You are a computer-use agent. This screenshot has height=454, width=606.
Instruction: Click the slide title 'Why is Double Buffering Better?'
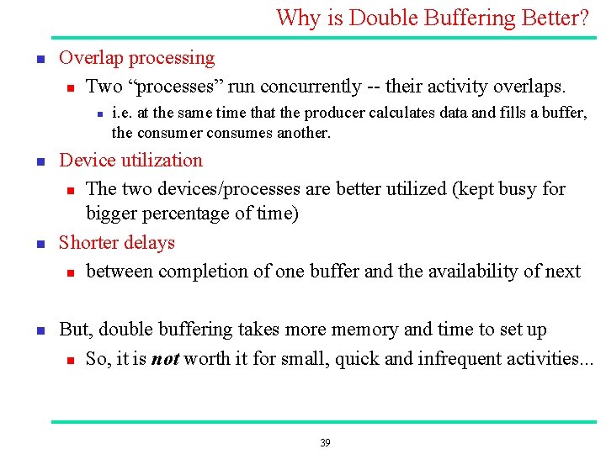click(x=432, y=18)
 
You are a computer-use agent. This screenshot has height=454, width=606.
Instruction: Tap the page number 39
click(x=326, y=443)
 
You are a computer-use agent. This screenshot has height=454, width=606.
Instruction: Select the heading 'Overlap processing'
click(x=136, y=58)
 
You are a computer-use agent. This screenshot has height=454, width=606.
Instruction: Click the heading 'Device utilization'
click(x=130, y=161)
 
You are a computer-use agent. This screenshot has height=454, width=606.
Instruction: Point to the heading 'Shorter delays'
click(x=116, y=243)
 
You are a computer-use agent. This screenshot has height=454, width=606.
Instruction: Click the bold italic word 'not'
click(x=165, y=360)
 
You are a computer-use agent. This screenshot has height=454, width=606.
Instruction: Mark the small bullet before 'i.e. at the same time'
click(x=98, y=113)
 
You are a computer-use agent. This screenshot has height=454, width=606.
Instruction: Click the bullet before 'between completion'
click(x=71, y=272)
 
